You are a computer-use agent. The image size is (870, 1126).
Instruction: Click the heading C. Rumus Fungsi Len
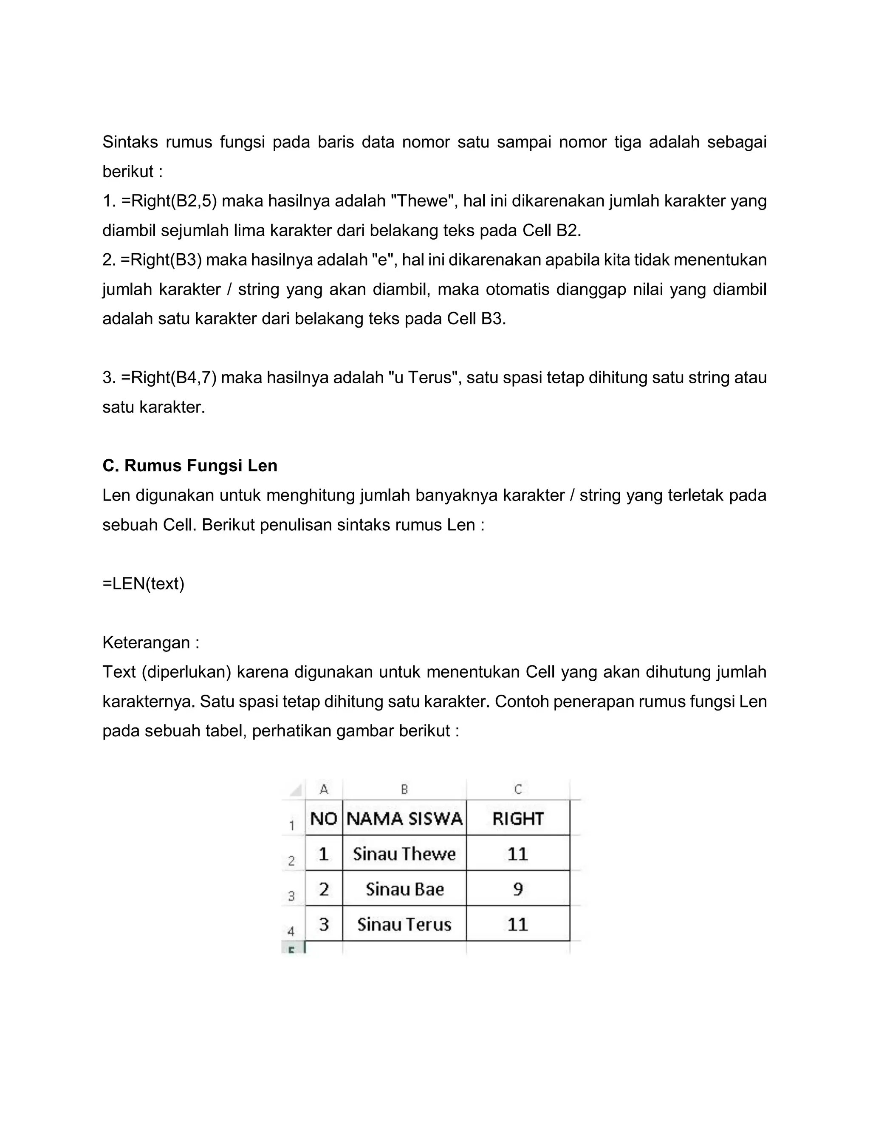click(x=189, y=466)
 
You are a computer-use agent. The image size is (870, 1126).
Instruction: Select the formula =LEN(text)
click(x=143, y=584)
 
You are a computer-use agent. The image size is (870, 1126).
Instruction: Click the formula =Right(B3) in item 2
click(x=161, y=260)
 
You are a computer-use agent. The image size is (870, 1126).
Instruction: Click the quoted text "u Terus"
click(x=423, y=377)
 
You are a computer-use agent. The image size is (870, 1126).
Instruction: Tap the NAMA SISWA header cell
click(x=404, y=818)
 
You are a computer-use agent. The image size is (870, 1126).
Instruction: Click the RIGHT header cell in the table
click(x=518, y=818)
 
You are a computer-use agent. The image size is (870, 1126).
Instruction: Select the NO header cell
click(x=324, y=818)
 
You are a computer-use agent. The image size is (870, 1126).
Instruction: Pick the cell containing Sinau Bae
click(x=404, y=889)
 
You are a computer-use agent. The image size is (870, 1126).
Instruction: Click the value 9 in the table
click(x=518, y=889)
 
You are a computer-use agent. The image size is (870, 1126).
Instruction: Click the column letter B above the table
click(x=404, y=789)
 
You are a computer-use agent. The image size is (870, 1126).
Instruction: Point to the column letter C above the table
click(x=518, y=789)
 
